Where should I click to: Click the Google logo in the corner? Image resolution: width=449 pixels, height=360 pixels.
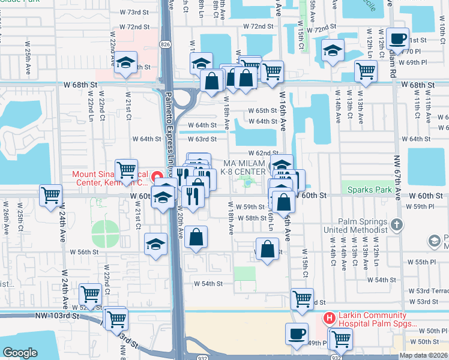(x=20, y=353)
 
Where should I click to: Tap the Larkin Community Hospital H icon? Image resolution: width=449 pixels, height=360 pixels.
(x=328, y=317)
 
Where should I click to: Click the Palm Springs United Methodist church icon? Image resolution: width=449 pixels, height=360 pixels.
(x=396, y=224)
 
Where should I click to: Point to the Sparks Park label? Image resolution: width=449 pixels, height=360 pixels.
(x=369, y=190)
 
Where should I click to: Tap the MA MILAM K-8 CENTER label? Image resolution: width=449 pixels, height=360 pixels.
(x=244, y=168)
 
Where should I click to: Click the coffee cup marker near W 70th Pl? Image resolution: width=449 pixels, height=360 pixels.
(x=397, y=39)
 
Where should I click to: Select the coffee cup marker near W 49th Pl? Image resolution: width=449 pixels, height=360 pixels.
(x=295, y=333)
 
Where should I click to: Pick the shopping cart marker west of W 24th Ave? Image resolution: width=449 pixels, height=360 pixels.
(x=51, y=194)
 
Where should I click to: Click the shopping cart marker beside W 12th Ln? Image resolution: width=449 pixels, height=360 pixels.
(x=366, y=71)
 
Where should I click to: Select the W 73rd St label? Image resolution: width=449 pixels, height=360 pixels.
(x=134, y=12)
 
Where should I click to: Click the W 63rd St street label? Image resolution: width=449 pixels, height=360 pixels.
(x=202, y=139)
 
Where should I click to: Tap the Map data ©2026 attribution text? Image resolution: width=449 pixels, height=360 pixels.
(x=423, y=355)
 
